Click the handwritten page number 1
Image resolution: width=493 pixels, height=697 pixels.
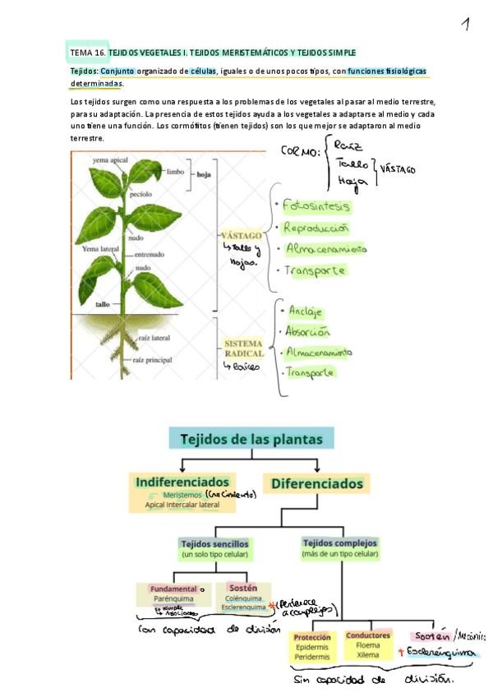pyautogui.click(x=465, y=25)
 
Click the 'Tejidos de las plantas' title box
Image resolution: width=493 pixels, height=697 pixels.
pyautogui.click(x=251, y=438)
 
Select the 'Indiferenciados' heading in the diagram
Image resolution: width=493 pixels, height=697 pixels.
pyautogui.click(x=182, y=481)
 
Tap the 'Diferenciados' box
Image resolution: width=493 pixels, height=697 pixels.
pyautogui.click(x=316, y=482)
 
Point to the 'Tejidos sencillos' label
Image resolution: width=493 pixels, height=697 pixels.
pyautogui.click(x=214, y=544)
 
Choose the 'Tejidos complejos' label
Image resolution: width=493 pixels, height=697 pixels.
pyautogui.click(x=340, y=543)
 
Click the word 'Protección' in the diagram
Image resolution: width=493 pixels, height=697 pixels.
pyautogui.click(x=311, y=636)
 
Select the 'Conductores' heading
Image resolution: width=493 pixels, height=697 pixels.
pyautogui.click(x=368, y=635)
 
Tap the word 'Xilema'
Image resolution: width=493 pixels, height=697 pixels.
pyautogui.click(x=367, y=655)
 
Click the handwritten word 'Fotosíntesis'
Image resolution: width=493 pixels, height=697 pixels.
pyautogui.click(x=316, y=205)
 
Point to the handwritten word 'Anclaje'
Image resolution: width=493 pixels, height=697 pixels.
pyautogui.click(x=305, y=312)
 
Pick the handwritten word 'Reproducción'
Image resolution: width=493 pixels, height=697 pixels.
pyautogui.click(x=316, y=228)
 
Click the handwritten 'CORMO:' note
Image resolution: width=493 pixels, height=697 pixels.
pyautogui.click(x=301, y=152)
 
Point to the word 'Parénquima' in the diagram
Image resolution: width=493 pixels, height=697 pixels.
pyautogui.click(x=172, y=599)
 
